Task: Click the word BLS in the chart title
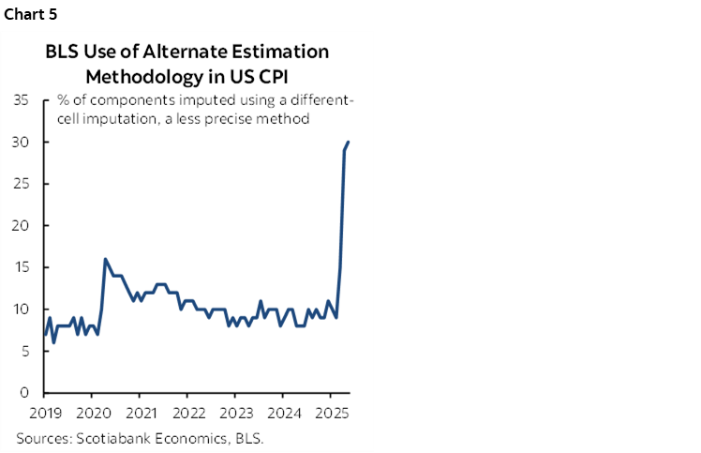click(63, 52)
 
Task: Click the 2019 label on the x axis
click(45, 413)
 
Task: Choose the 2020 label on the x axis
click(93, 413)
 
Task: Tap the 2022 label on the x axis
click(188, 413)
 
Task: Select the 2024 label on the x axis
click(284, 413)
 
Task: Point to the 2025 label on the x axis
click(331, 413)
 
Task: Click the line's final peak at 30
click(349, 143)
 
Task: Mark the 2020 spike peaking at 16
click(105, 259)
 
